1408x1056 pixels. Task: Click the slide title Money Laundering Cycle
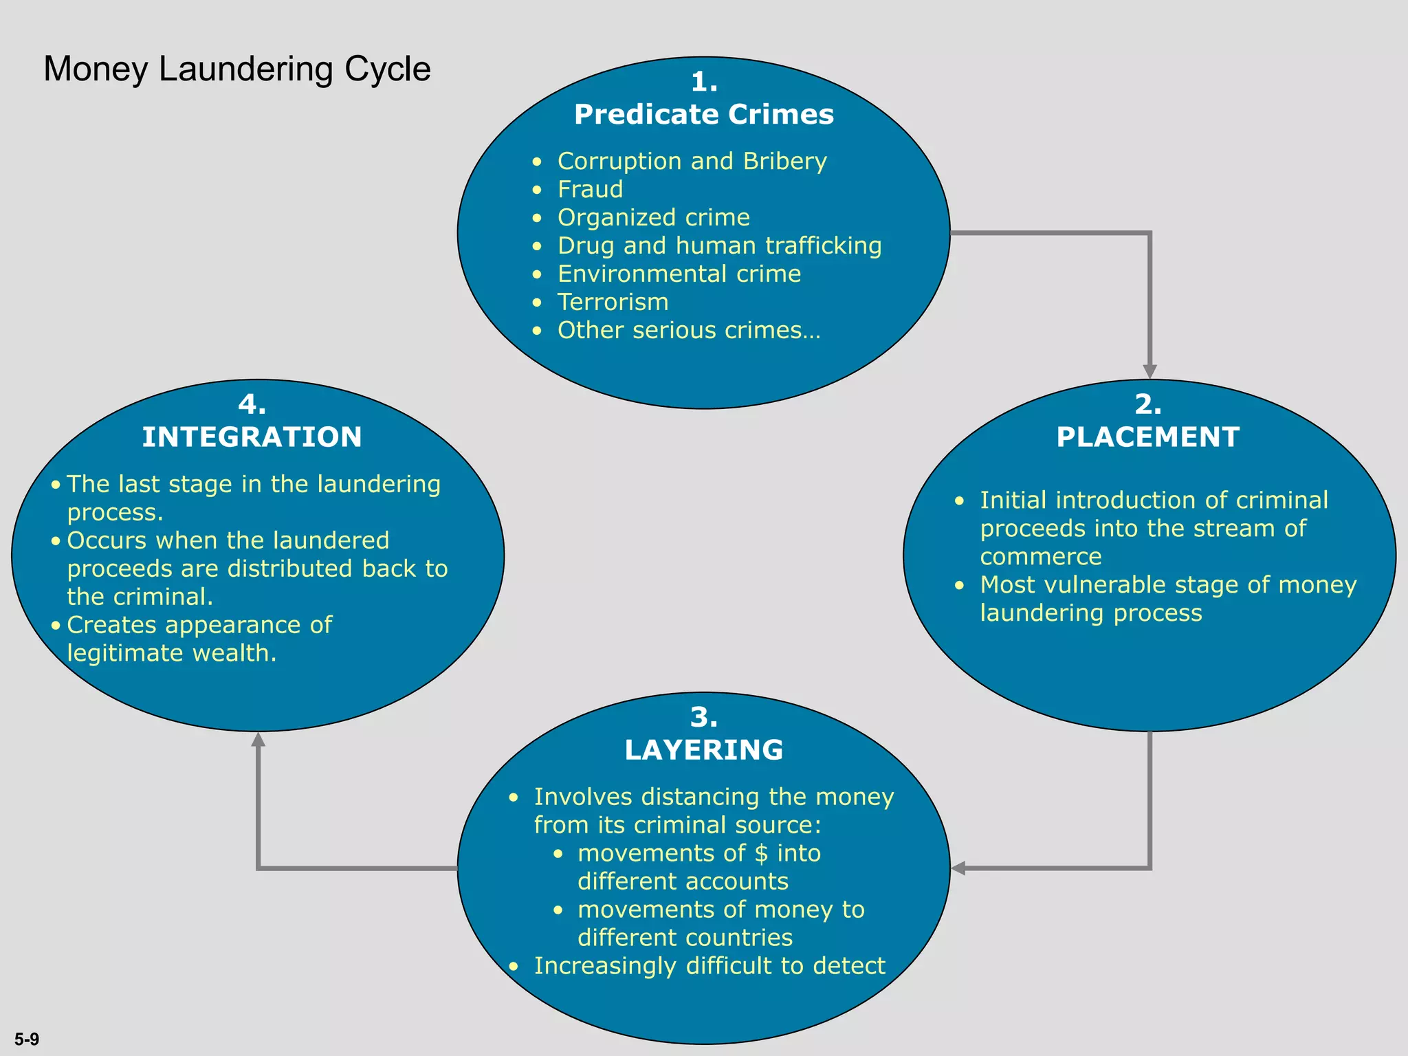point(236,69)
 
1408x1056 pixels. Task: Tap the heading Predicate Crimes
point(703,114)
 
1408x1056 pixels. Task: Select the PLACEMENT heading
point(1147,437)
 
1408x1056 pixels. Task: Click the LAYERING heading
point(703,749)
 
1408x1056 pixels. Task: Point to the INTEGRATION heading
point(252,437)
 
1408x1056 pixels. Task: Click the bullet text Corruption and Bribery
point(692,161)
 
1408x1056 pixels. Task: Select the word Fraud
point(590,189)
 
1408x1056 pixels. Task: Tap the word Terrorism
point(613,302)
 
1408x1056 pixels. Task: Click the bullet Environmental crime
point(679,274)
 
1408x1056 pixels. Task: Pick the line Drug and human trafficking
point(719,245)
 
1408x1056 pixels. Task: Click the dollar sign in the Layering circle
point(760,853)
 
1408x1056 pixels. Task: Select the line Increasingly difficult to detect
point(709,966)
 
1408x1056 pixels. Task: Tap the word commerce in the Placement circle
point(1040,556)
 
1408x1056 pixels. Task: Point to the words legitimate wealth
point(171,653)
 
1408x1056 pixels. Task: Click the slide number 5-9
point(27,1039)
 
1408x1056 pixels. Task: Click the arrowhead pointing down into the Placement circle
point(1149,371)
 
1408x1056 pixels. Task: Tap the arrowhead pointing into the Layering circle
point(958,868)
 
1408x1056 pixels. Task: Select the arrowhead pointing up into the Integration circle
point(258,740)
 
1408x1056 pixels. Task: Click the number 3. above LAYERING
point(703,717)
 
